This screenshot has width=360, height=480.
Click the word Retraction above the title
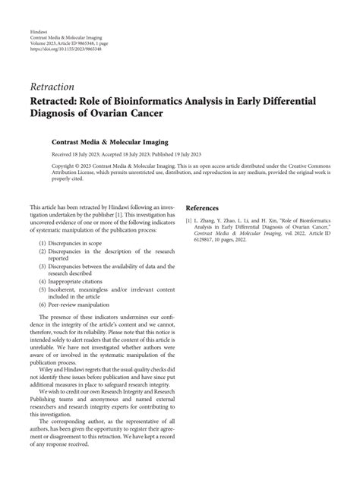tap(52, 87)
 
